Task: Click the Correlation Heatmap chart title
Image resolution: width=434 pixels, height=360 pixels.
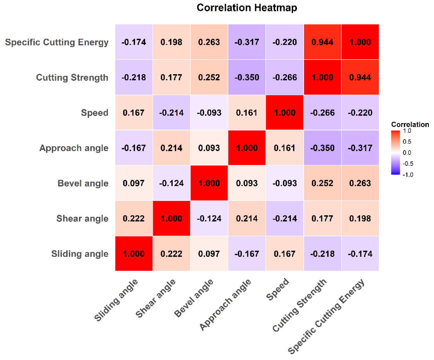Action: click(247, 8)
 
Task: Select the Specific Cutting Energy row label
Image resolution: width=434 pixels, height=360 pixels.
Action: click(57, 42)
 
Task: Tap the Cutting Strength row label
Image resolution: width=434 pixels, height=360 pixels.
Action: click(72, 78)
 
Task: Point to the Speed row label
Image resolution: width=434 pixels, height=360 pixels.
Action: click(94, 113)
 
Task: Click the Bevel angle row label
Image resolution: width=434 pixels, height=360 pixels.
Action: click(83, 184)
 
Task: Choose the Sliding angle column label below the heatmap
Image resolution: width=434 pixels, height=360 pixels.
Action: click(116, 300)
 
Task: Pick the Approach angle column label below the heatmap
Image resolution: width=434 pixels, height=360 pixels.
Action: click(225, 304)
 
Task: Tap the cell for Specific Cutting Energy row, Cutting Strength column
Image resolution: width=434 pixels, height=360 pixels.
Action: click(322, 42)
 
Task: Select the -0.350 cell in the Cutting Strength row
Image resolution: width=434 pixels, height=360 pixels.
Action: click(247, 77)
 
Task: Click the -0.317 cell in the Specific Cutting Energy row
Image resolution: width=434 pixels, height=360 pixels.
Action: click(247, 42)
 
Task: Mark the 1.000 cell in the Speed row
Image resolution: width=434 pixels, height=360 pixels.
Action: click(285, 113)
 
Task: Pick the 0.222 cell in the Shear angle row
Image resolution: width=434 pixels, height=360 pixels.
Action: click(134, 218)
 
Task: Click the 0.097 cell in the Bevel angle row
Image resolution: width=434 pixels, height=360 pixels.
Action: click(134, 183)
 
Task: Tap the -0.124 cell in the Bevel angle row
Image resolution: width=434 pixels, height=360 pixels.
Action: click(171, 183)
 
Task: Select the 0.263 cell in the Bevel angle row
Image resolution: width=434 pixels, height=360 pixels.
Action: click(360, 183)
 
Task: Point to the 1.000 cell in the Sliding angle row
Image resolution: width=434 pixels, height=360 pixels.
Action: click(134, 254)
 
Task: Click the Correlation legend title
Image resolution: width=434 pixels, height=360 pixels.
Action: click(410, 125)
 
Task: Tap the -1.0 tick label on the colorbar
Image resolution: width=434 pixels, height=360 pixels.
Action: click(408, 175)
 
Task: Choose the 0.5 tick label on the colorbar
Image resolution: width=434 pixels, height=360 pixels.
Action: click(407, 142)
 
